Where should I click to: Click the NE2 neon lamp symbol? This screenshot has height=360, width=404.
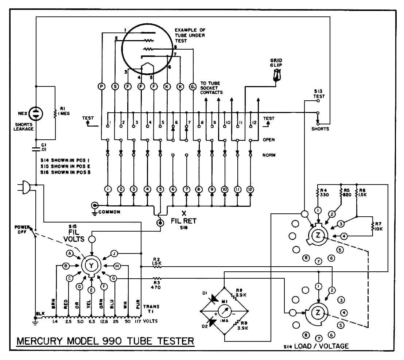tap(36, 113)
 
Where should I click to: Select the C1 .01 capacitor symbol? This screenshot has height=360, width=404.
tap(36, 149)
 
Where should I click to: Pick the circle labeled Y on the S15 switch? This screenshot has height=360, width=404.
tap(91, 265)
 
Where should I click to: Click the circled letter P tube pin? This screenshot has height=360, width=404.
tap(102, 86)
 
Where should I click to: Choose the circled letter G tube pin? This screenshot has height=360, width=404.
tap(193, 86)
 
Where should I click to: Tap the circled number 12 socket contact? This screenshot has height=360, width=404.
tap(250, 189)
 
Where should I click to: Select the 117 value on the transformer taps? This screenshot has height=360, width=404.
tap(137, 321)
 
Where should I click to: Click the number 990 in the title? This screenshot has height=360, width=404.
tap(111, 341)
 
